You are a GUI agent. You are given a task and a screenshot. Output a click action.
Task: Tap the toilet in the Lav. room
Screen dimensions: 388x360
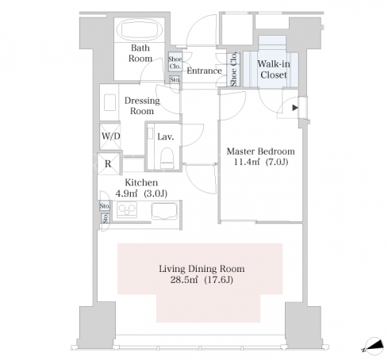(x=167, y=158)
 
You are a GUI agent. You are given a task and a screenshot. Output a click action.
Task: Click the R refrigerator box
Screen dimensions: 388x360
(x=108, y=164)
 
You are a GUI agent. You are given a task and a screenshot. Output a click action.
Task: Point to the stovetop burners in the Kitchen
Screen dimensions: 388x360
(x=127, y=209)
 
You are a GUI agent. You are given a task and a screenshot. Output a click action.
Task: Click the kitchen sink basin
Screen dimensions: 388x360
(x=164, y=211)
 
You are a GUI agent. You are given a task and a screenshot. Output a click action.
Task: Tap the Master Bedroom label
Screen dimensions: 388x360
(x=260, y=151)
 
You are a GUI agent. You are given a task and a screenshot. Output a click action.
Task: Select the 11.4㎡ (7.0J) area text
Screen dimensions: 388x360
(x=260, y=162)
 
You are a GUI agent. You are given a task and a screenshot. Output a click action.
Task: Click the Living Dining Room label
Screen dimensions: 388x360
(x=202, y=269)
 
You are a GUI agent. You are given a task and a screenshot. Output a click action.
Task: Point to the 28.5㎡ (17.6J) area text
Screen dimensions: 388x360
(x=202, y=279)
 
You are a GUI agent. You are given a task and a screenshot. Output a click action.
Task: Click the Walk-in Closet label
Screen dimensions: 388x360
(x=274, y=69)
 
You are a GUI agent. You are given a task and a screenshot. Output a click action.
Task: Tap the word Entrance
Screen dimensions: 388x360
(x=204, y=71)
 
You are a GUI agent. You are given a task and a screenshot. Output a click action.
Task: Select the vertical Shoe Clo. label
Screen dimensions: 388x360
(x=233, y=70)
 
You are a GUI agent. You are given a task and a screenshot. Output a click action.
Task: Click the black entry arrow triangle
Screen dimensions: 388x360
(x=295, y=108)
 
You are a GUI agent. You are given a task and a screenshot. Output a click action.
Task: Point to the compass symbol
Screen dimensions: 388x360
(x=374, y=346)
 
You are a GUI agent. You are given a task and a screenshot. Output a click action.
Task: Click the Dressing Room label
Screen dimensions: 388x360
(x=142, y=105)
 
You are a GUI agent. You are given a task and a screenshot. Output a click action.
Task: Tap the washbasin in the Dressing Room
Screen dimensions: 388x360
(x=109, y=102)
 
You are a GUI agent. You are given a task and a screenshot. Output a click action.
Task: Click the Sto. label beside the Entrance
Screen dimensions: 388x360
(x=175, y=79)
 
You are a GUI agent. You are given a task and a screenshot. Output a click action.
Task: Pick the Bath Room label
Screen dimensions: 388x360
(x=140, y=53)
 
